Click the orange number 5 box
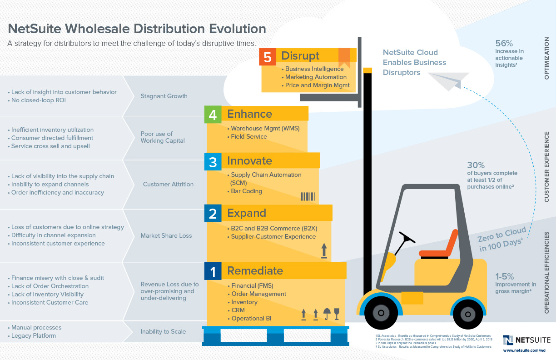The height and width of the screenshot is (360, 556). pos(268,57)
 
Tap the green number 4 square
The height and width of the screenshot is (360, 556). pos(213,115)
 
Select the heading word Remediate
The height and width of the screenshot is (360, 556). pos(255,271)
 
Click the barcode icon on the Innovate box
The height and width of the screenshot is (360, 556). pos(308,196)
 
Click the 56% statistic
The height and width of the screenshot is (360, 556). pos(504,44)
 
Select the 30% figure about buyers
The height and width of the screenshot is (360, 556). pos(476,165)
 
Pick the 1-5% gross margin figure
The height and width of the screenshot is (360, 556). pos(505,276)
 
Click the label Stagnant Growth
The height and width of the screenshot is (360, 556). pos(164,96)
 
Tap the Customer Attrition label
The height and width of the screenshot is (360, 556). pos(168,184)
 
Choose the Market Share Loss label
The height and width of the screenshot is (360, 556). pos(166,235)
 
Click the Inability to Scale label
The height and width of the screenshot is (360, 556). pos(163,331)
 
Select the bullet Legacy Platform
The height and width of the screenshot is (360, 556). pos(34,335)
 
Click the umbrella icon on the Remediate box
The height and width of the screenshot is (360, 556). pos(326,314)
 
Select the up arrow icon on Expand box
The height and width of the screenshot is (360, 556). pos(324,250)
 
